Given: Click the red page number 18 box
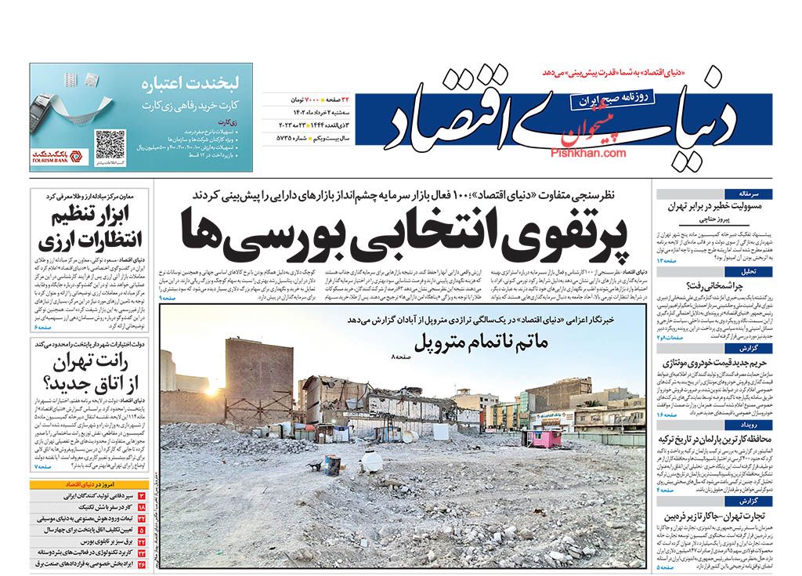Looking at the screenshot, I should click(x=143, y=508).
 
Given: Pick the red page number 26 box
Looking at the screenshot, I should click(x=143, y=563).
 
